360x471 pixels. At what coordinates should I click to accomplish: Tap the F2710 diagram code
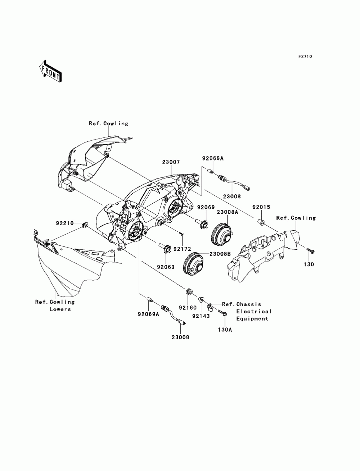point(305,56)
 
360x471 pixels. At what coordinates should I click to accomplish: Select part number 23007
point(171,162)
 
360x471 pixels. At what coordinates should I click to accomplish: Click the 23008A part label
point(227,212)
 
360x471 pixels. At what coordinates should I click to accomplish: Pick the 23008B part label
point(220,254)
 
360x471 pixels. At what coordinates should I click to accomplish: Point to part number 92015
point(261,207)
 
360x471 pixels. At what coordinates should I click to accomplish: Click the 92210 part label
point(65,223)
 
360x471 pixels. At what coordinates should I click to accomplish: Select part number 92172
point(182,249)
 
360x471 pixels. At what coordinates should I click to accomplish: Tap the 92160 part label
point(188,308)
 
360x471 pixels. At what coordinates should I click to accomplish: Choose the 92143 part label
point(201,316)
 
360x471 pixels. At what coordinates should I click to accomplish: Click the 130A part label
point(225,330)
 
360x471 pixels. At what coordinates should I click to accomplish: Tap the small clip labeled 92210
point(85,225)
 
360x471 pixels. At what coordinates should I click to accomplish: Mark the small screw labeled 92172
point(181,234)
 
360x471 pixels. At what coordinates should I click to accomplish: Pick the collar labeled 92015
point(261,222)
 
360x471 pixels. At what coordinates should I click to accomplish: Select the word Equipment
point(252,319)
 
